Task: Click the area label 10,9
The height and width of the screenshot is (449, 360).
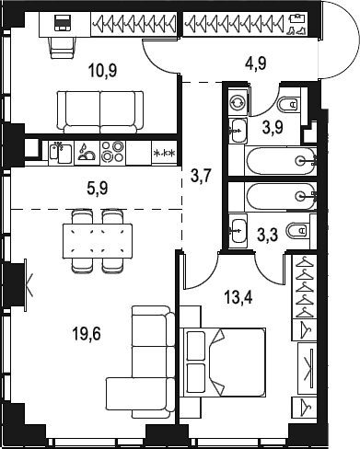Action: click(x=102, y=71)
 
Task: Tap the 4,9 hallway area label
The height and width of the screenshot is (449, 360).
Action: click(x=256, y=63)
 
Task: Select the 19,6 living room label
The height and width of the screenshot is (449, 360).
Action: click(x=87, y=334)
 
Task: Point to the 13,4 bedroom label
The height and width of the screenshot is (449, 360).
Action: click(x=238, y=297)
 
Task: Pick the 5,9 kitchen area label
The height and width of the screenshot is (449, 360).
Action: click(x=98, y=189)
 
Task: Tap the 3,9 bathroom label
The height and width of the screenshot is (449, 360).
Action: click(x=273, y=127)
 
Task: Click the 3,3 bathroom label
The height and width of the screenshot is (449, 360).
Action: click(x=268, y=236)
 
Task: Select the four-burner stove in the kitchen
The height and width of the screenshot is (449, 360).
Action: click(x=112, y=152)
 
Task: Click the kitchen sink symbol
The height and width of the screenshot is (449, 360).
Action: click(x=61, y=152)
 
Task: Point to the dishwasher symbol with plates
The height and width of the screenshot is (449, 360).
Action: click(x=87, y=152)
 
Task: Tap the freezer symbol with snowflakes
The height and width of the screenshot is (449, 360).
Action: click(x=164, y=153)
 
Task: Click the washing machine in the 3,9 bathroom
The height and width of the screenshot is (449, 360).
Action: click(x=238, y=102)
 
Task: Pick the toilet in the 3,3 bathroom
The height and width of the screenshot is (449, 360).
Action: click(x=297, y=230)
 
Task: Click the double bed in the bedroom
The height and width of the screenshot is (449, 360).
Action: click(x=223, y=363)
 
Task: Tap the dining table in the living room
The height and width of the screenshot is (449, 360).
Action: click(x=98, y=241)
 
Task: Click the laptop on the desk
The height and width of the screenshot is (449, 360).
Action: click(x=64, y=23)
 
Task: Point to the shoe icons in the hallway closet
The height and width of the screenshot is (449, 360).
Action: click(x=296, y=31)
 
